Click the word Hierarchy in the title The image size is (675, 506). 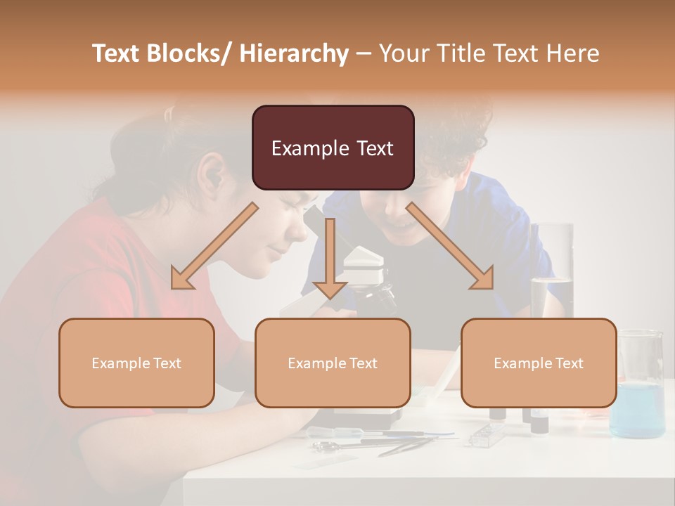coord(294,53)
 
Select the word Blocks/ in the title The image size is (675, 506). coord(193,53)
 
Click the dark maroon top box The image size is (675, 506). coord(333,148)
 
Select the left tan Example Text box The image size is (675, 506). coord(136,363)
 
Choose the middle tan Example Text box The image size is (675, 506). coord(333,363)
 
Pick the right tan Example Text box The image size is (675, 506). coord(539,363)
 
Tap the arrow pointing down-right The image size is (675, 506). coord(450,246)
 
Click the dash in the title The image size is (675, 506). coord(363,53)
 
